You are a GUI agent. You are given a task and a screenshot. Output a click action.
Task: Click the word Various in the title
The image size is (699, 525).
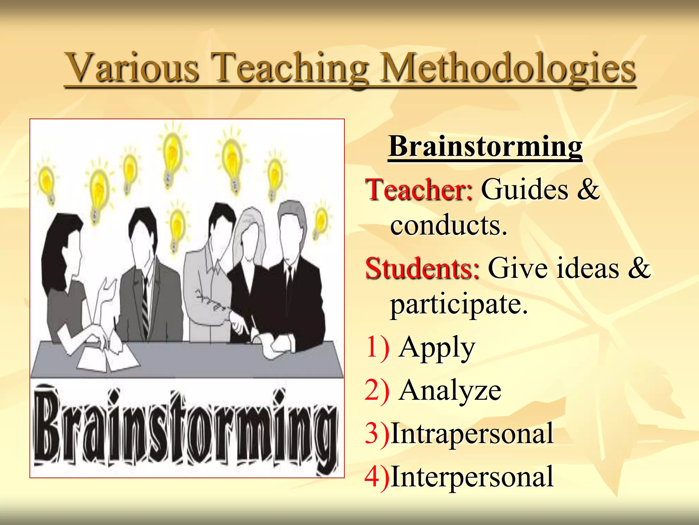click(x=132, y=68)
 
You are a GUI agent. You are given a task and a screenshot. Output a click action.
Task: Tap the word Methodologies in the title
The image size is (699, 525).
click(x=508, y=68)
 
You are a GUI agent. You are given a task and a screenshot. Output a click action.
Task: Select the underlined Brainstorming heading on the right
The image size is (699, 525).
click(x=485, y=146)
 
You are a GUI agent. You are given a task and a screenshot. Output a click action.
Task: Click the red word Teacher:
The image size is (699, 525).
click(x=419, y=190)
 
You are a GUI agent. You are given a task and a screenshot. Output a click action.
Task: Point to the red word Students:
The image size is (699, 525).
click(x=422, y=269)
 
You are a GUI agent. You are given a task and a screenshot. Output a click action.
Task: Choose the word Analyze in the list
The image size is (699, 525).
click(x=450, y=391)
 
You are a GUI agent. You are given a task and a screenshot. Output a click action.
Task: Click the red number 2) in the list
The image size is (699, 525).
click(x=377, y=391)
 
